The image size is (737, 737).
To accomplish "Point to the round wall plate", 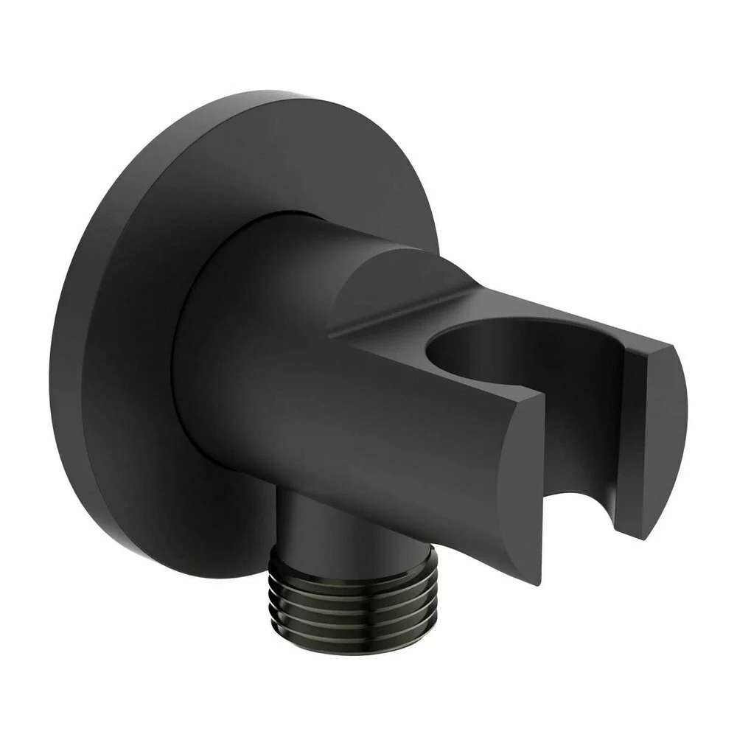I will coord(125,332).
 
